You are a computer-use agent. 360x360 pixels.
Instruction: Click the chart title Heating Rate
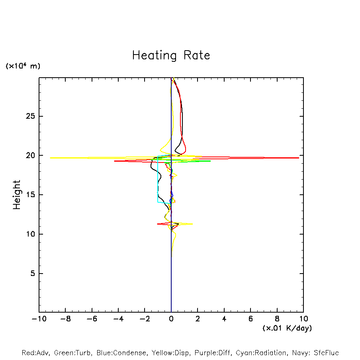coord(171,55)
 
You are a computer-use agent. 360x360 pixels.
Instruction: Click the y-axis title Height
coord(17,195)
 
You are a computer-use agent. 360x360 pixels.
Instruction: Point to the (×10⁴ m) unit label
coord(23,66)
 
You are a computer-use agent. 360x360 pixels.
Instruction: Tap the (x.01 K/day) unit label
coord(287,328)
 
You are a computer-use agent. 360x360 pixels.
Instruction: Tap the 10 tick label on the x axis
coord(303,319)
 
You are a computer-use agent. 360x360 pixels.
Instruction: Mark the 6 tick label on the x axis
coord(250,319)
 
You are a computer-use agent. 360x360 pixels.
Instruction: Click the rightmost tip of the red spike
coord(299,158)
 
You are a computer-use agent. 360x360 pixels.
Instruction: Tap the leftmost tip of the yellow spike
coord(51,158)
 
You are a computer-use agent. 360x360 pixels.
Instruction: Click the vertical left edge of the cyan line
coord(158,179)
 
